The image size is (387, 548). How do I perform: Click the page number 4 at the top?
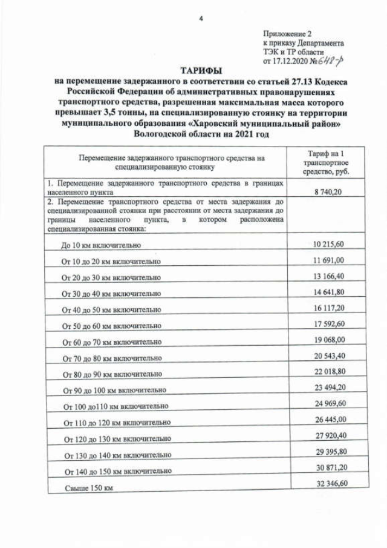click(200, 18)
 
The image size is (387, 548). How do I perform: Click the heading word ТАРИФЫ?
click(200, 71)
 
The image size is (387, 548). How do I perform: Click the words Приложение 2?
click(287, 33)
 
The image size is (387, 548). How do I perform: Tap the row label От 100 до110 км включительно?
click(115, 406)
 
